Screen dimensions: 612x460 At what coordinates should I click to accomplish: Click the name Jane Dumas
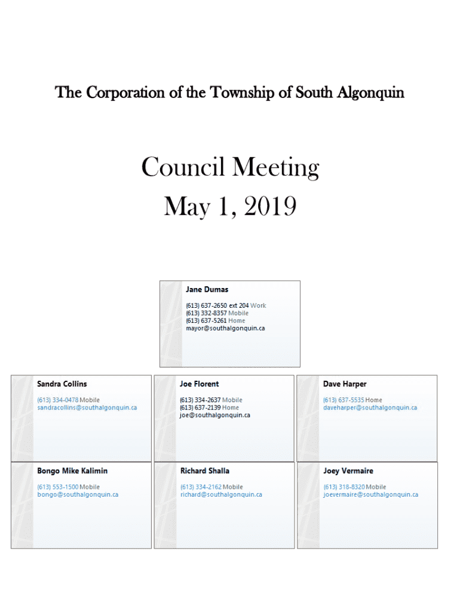tap(207, 290)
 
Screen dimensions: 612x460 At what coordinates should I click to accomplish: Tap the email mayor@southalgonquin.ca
tap(225, 328)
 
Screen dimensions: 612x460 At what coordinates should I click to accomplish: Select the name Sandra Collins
tap(62, 384)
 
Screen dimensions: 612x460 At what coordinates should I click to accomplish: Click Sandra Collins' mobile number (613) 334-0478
tap(58, 400)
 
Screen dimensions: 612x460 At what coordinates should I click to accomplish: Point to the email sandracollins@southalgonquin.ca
tap(87, 408)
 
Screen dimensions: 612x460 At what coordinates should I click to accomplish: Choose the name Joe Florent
tap(199, 384)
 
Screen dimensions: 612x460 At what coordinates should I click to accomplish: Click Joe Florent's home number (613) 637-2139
tap(200, 408)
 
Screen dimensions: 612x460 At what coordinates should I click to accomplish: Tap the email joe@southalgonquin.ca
tap(215, 415)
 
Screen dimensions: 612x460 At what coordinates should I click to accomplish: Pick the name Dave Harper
tap(345, 384)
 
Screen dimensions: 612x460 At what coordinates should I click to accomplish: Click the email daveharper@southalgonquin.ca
tap(370, 408)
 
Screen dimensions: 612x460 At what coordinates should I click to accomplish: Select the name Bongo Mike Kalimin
tap(72, 471)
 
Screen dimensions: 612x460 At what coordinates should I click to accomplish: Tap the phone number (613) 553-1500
tap(58, 487)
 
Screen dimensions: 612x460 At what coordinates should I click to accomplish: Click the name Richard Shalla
tap(205, 471)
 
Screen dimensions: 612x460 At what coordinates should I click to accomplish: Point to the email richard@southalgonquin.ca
tap(221, 495)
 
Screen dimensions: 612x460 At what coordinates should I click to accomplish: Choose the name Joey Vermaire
tap(348, 471)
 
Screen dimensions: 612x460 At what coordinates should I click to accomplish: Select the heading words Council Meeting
tap(230, 168)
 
